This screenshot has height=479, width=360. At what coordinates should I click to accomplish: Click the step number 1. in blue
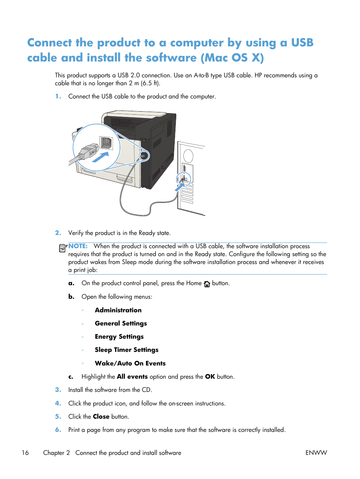coord(58,97)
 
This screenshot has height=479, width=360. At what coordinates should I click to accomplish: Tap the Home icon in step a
coord(207,284)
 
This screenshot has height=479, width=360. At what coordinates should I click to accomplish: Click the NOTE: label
coord(78,246)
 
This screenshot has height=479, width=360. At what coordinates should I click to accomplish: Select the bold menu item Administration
coord(118,310)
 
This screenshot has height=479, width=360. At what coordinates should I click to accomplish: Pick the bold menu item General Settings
coord(121,323)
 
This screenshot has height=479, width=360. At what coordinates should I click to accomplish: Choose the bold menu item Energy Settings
coord(119,336)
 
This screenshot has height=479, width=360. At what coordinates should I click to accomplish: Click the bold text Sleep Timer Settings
coord(126,350)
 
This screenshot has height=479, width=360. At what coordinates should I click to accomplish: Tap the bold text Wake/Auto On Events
coord(130,363)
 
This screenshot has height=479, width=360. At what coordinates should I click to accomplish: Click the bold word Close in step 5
coord(101,416)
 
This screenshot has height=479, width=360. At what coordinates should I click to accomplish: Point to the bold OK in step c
coord(210,376)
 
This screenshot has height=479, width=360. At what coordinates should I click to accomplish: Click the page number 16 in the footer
coord(25,453)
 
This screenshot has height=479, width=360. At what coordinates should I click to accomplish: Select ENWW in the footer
coord(316,453)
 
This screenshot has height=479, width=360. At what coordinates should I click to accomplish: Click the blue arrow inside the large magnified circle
coord(100,157)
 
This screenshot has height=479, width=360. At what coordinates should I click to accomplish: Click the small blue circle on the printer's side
coord(143,155)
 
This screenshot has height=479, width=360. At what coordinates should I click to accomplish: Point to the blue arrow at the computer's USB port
coord(180,186)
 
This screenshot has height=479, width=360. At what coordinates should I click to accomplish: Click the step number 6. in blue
coord(58,430)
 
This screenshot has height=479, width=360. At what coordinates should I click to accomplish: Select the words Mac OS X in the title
coord(232,58)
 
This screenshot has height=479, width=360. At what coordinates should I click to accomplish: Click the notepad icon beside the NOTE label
coord(63,248)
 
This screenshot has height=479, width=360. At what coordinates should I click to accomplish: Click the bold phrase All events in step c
coord(132,376)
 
